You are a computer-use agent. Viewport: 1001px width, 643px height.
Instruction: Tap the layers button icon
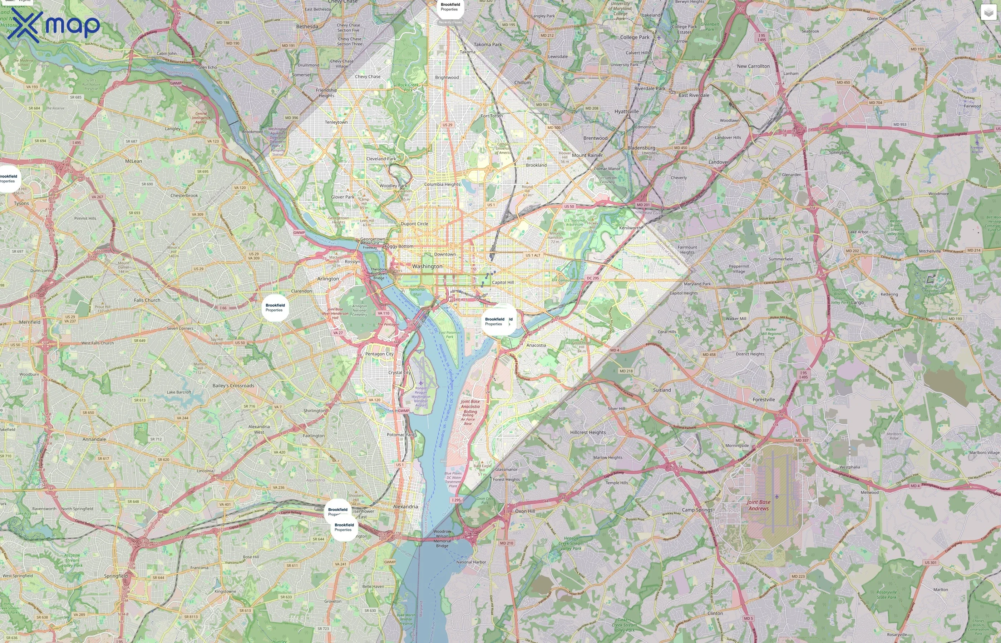(988, 13)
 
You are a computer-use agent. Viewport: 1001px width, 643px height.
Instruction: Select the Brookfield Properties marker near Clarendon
(275, 308)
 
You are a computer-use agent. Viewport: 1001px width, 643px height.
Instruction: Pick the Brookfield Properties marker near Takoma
(450, 7)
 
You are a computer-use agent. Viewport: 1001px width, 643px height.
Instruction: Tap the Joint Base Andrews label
(759, 505)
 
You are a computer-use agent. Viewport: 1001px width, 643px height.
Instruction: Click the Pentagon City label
(379, 354)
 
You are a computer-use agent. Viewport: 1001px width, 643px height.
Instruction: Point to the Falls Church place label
(147, 300)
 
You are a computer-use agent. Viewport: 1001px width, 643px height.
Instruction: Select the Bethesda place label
(307, 26)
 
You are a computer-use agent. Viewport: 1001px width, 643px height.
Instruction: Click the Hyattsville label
(626, 111)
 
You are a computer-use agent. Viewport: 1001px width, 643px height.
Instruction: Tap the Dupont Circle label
(414, 224)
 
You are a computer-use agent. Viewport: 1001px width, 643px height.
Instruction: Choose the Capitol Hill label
(503, 282)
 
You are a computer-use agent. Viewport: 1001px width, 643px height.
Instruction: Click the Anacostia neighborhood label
(536, 345)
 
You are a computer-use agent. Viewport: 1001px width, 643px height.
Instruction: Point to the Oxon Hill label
(525, 511)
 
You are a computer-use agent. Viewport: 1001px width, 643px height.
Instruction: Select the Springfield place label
(116, 576)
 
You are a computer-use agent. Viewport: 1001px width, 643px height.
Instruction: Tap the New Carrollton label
(753, 66)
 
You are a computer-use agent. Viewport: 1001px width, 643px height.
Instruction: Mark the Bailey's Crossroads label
(233, 386)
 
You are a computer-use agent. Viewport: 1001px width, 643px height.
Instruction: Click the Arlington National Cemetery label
(359, 310)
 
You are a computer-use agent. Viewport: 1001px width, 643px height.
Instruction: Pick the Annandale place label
(94, 439)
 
